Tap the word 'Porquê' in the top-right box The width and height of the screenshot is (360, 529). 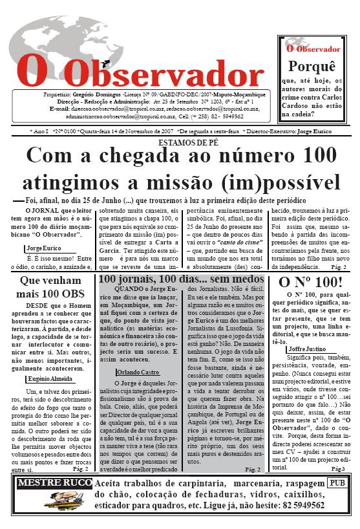pos(312,67)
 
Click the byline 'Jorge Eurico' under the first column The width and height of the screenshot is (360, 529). pos(45,248)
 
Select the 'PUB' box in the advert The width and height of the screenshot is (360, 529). pos(335,482)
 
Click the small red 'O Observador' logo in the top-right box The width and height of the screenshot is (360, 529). pos(313,49)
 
